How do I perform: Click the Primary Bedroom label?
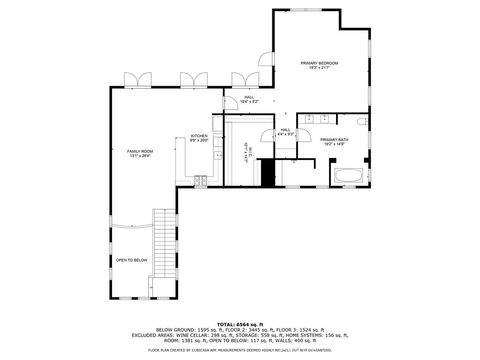(321, 66)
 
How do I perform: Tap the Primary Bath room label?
(334, 142)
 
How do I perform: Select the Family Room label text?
(140, 153)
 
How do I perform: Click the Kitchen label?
(199, 138)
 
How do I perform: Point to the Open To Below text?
(131, 260)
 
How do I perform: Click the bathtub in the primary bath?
(349, 177)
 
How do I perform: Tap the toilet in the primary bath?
(362, 123)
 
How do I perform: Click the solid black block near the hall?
(266, 172)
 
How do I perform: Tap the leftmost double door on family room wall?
(144, 80)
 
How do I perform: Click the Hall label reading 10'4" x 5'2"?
(248, 99)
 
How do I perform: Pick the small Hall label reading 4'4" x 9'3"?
(285, 132)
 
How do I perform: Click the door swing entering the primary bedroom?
(266, 59)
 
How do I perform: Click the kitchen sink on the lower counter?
(200, 181)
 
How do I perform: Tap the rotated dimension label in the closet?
(246, 157)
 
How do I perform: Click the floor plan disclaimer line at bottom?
(240, 350)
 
